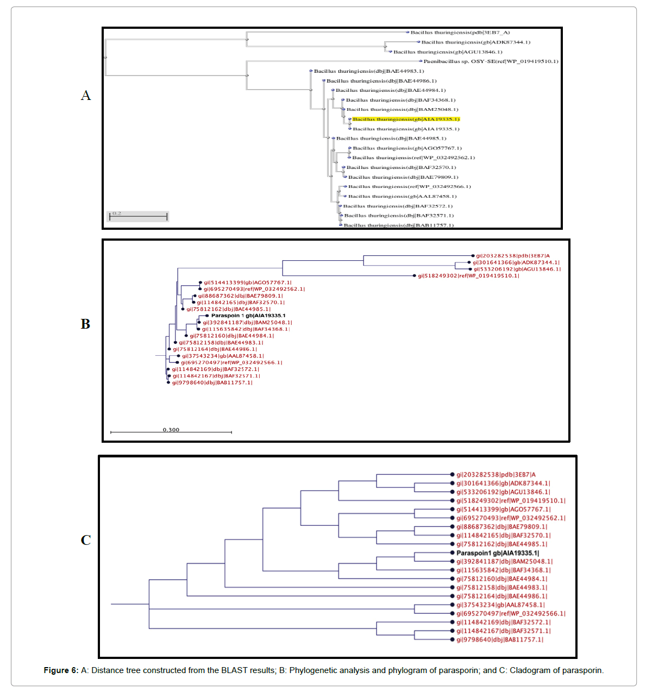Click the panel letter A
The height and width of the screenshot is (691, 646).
click(86, 96)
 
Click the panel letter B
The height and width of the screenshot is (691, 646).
click(85, 324)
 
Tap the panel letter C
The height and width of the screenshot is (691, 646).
click(86, 540)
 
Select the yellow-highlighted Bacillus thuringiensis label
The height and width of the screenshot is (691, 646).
click(406, 119)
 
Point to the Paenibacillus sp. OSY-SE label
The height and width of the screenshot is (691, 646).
click(491, 61)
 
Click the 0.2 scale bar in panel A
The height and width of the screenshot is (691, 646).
click(138, 216)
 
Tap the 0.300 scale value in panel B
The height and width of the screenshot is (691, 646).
click(171, 430)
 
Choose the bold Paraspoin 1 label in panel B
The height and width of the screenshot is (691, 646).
click(248, 316)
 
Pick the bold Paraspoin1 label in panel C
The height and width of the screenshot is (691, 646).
click(498, 553)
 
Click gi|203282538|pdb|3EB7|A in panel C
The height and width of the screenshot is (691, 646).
click(496, 475)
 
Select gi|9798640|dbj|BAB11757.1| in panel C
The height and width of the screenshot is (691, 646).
click(499, 640)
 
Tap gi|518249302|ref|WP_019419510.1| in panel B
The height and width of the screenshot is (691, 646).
click(468, 276)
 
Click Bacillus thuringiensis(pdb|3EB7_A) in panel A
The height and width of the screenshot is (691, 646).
click(460, 33)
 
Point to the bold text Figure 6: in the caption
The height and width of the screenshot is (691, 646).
click(61, 670)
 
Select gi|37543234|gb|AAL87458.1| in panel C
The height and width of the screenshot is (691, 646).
click(500, 605)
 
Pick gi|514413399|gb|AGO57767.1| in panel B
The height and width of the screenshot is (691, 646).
click(247, 282)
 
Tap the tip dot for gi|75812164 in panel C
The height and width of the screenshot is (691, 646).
click(452, 596)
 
